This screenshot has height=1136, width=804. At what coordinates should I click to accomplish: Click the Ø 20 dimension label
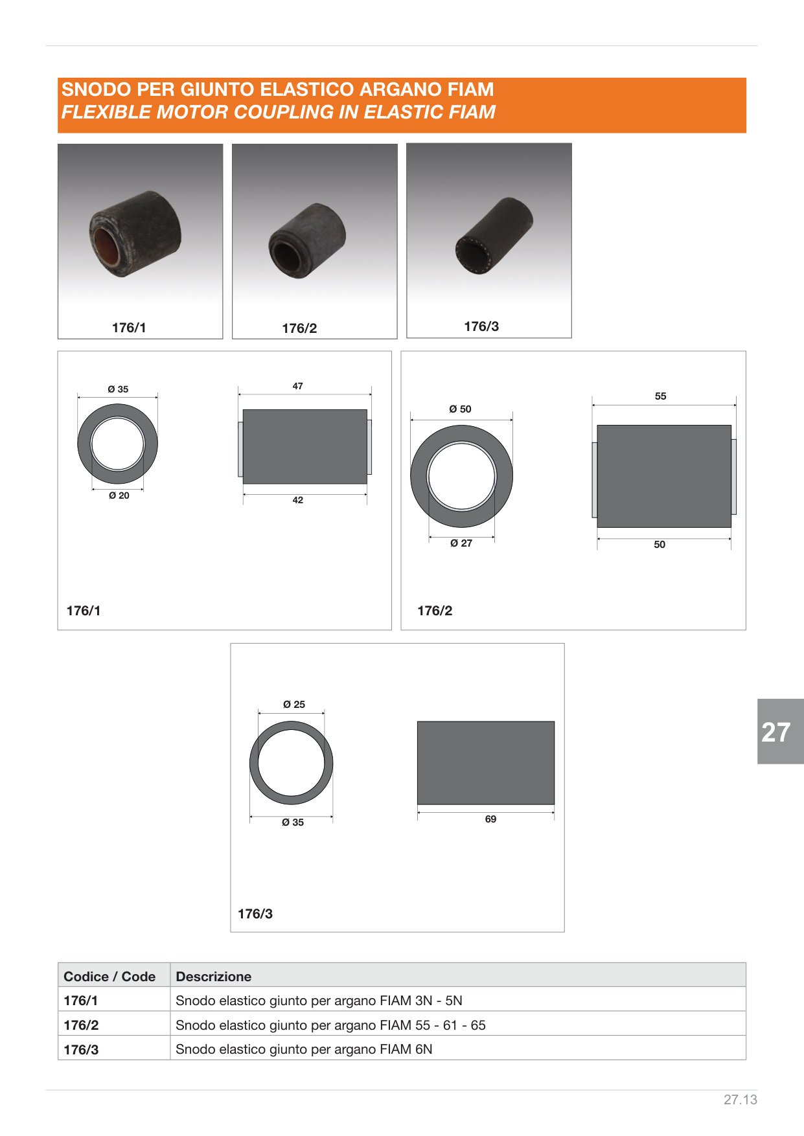coord(119,495)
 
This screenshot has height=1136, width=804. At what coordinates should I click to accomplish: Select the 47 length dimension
coord(298,386)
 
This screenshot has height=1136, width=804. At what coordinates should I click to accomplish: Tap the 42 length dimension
coord(298,500)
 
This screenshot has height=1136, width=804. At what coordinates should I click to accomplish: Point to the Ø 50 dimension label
coord(461,409)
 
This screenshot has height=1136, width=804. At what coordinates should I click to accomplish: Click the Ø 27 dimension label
coord(461,543)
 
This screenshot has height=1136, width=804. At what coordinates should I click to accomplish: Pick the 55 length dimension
coord(660,396)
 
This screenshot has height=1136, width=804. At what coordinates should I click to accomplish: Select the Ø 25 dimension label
coord(294,705)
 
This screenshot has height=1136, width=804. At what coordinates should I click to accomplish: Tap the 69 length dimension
coord(491,819)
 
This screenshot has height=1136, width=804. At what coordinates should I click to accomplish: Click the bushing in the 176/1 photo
coord(135,233)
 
